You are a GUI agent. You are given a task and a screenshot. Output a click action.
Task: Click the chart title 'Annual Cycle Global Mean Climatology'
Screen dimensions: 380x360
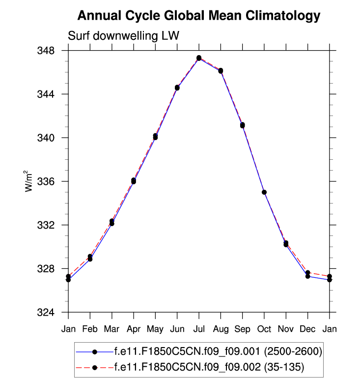click(198, 16)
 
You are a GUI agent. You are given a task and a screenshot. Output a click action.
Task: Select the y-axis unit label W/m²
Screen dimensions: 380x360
click(30, 181)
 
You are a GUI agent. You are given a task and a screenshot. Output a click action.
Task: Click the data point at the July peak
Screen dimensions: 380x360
click(199, 58)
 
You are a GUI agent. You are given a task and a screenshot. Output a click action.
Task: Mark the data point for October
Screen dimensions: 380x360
click(264, 192)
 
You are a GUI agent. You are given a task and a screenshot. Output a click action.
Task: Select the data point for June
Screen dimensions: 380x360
click(177, 88)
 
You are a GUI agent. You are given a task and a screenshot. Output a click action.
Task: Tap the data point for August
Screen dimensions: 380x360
click(221, 71)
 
